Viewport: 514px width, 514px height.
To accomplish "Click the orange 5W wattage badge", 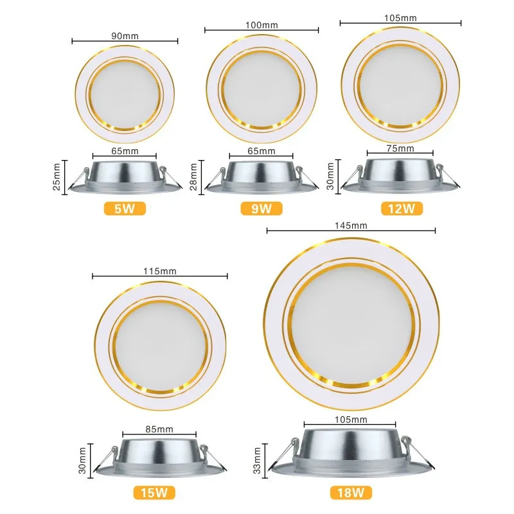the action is [x=125, y=208].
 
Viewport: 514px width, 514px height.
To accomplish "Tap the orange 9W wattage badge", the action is [x=261, y=208].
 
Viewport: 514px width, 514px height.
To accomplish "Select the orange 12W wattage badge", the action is [x=402, y=208].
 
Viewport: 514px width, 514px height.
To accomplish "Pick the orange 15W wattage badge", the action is [x=154, y=492].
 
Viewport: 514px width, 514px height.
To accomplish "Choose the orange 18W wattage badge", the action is [x=351, y=492].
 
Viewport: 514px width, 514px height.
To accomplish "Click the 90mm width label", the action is [x=125, y=36].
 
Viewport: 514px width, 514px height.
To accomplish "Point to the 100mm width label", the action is [x=261, y=25].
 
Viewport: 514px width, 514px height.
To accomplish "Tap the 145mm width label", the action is [x=351, y=226].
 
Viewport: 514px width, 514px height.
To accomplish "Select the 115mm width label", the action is [x=159, y=271].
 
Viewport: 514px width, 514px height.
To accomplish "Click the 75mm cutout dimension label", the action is [x=400, y=148].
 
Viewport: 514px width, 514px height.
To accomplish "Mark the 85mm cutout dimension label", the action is [x=159, y=429].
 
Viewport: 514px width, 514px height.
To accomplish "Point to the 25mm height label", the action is [x=57, y=177].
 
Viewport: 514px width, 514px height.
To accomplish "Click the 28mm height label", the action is [x=193, y=177].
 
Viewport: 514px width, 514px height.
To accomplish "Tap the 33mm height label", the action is [x=257, y=460].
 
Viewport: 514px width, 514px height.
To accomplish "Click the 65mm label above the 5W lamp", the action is [x=125, y=151].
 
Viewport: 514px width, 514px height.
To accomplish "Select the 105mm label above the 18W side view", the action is [x=351, y=420].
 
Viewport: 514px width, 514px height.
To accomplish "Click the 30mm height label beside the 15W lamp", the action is [x=82, y=460].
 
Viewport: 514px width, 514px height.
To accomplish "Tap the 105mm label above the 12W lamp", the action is [x=400, y=18].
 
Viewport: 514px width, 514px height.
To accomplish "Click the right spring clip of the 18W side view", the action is [x=417, y=452].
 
